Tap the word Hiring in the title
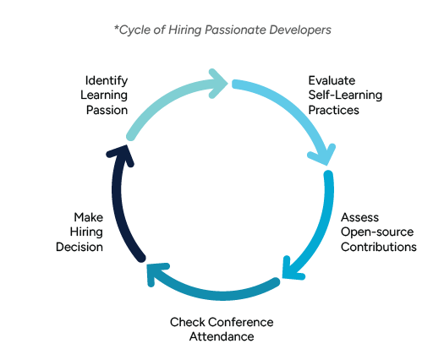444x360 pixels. [178, 30]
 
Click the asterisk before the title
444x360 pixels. [116, 28]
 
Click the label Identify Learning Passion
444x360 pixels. [106, 95]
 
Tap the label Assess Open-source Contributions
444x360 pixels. [378, 232]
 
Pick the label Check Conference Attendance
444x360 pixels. [222, 329]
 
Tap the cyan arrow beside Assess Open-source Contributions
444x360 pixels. [317, 228]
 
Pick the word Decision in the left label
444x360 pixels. [79, 248]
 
